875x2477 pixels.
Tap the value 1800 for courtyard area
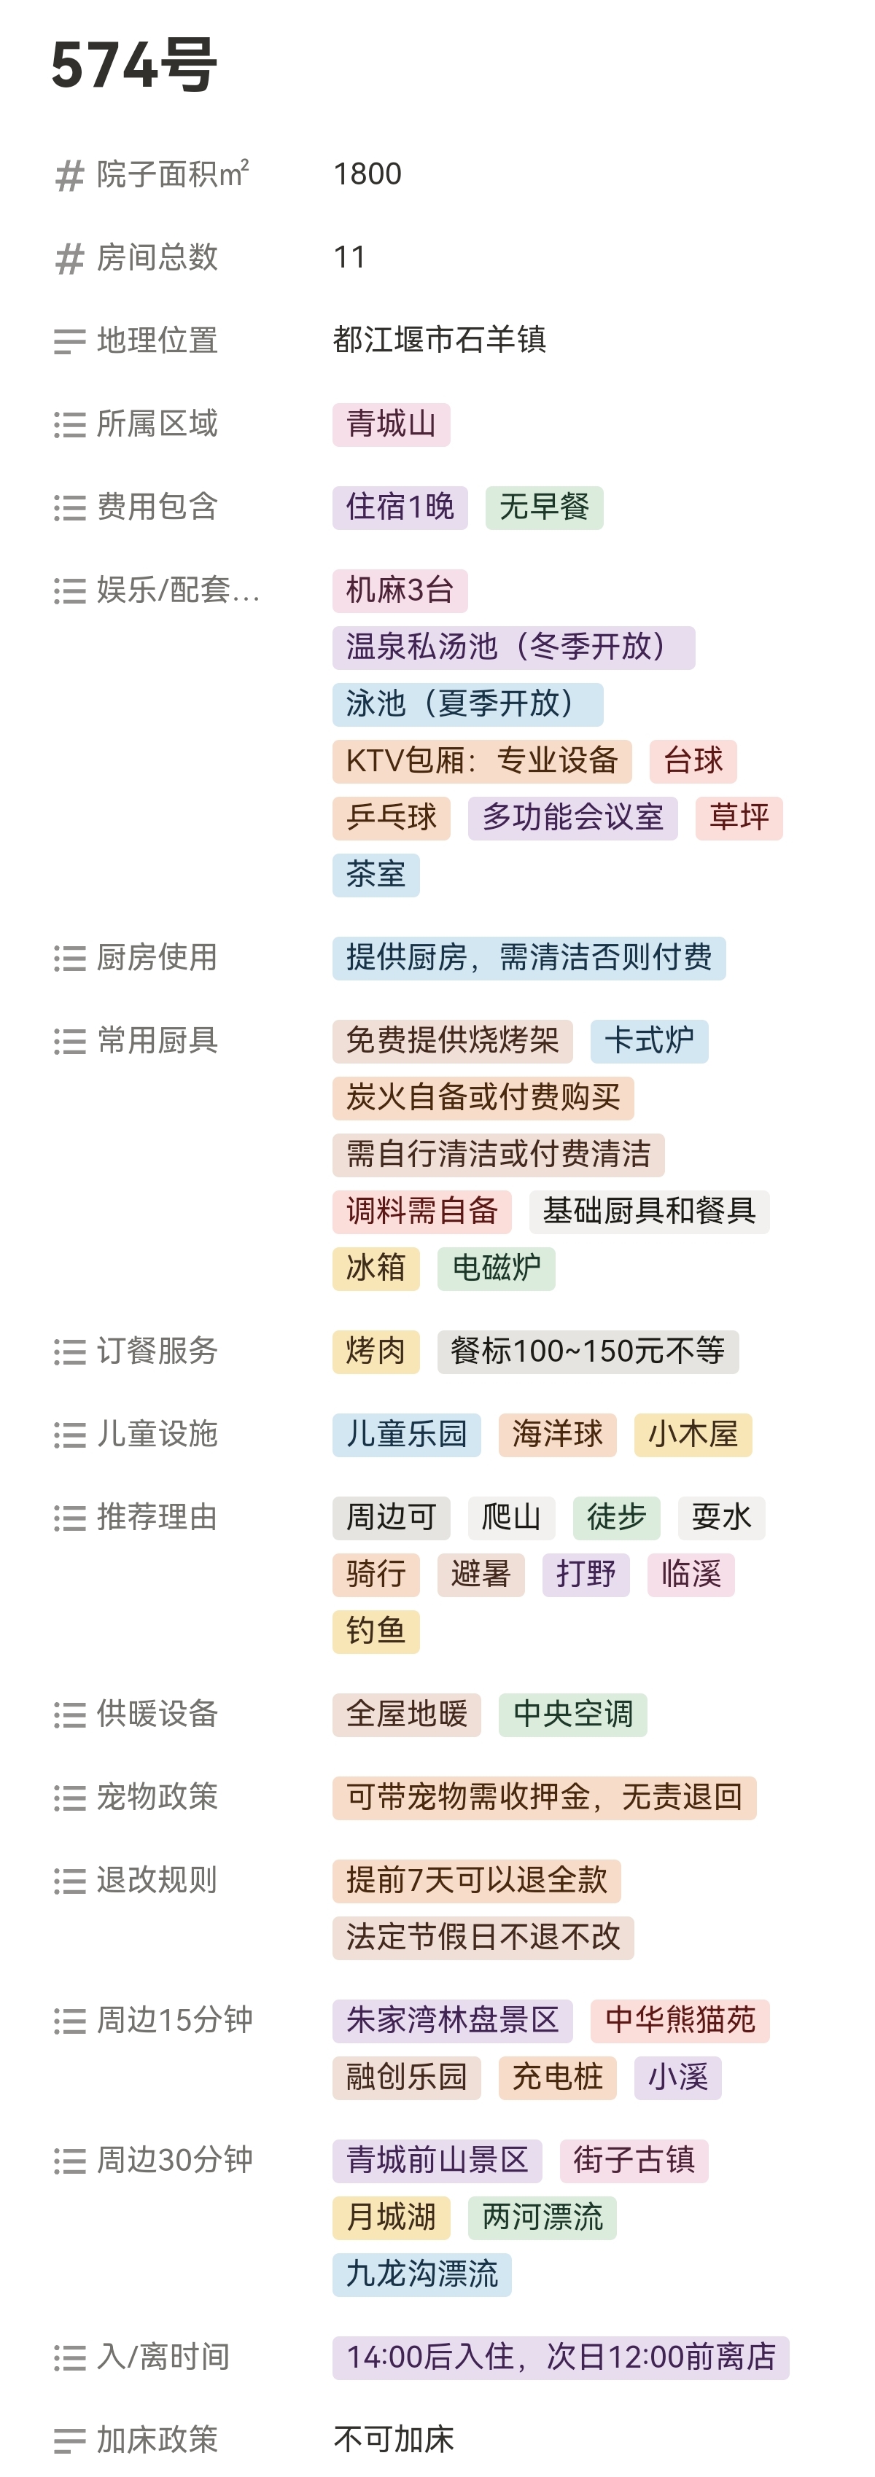[x=367, y=174]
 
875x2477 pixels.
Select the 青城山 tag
[x=390, y=424]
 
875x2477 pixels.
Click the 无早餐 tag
[x=543, y=507]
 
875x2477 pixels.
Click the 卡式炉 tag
[x=648, y=1040]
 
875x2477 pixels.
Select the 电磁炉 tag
[x=495, y=1268]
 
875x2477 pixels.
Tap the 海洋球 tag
[x=557, y=1434]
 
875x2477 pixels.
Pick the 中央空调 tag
[x=572, y=1714]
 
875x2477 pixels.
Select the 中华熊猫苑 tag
[x=679, y=2019]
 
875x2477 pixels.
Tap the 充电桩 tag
[x=557, y=2077]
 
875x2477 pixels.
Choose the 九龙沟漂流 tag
[x=421, y=2274]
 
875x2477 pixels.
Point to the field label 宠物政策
[x=157, y=1796]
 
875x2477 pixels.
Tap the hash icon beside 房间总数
[x=69, y=258]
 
